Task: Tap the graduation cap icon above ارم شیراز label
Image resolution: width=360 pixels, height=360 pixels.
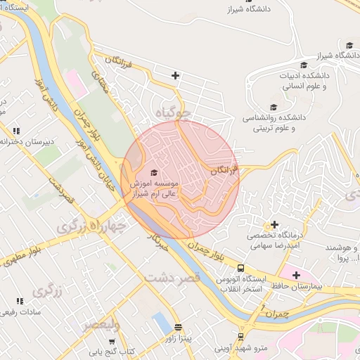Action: pyautogui.click(x=155, y=172)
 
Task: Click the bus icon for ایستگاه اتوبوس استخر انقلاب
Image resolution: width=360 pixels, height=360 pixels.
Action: pyautogui.click(x=241, y=268)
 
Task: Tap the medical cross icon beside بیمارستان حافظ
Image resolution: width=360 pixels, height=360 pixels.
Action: pyautogui.click(x=295, y=275)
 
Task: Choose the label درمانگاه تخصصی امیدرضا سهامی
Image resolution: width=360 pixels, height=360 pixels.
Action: pyautogui.click(x=275, y=241)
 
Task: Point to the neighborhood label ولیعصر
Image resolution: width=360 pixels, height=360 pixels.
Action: pyautogui.click(x=101, y=325)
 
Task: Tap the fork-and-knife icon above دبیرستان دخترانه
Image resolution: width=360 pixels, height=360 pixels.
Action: pyautogui.click(x=16, y=130)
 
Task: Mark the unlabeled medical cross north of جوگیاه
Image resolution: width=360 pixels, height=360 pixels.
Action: pyautogui.click(x=175, y=75)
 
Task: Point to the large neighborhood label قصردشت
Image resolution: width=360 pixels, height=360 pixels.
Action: pyautogui.click(x=172, y=278)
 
